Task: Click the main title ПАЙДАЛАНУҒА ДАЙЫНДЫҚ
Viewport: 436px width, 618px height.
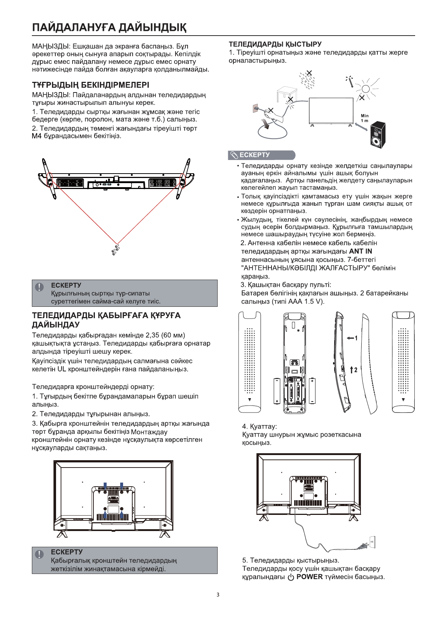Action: (x=109, y=28)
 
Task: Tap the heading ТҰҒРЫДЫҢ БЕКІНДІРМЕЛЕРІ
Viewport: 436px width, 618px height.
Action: (x=90, y=85)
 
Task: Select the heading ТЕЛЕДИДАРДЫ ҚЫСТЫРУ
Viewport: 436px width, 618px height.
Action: (x=275, y=44)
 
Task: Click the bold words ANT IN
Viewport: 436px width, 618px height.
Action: (x=361, y=251)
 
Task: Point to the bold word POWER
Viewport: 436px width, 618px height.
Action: (x=309, y=577)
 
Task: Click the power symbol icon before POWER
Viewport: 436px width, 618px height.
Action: (x=291, y=577)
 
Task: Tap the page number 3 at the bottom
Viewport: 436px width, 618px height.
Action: (x=218, y=595)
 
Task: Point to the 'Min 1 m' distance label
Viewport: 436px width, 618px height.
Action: (x=365, y=118)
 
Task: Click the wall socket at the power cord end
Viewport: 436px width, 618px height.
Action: (x=372, y=541)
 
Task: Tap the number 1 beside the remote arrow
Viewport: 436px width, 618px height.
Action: (x=356, y=338)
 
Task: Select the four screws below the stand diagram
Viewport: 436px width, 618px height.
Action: (x=115, y=249)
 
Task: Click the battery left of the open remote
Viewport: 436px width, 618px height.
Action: (x=277, y=391)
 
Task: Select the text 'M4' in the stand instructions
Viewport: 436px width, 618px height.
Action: (x=37, y=136)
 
